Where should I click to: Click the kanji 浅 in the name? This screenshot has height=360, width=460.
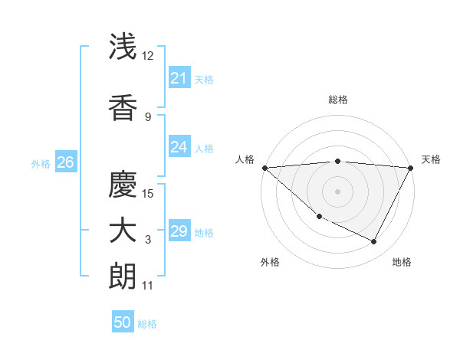coord(123,47)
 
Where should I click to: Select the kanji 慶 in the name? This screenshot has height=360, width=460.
coord(123,183)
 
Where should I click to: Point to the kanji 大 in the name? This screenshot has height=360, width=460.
coord(123,231)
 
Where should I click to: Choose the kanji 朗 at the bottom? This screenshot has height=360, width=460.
coord(123,277)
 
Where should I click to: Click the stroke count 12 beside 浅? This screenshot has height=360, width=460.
coord(149,55)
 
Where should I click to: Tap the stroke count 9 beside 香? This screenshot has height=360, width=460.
coord(148,116)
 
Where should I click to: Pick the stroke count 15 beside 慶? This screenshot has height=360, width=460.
coord(149,193)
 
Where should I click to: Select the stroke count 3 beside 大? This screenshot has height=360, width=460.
coord(148,240)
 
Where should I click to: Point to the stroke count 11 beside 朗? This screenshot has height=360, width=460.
coord(148,286)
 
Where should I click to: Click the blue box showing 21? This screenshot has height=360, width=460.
coord(179,77)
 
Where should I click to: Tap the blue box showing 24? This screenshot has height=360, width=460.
coord(179,147)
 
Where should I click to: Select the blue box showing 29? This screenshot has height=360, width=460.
coord(179,231)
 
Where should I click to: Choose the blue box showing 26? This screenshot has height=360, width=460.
coord(65,162)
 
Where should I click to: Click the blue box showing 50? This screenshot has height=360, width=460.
coord(123,322)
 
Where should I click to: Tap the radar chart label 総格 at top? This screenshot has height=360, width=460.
coord(338,100)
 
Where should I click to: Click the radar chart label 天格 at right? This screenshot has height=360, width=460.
coord(431,159)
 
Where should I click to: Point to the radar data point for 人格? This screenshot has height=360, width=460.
coord(264,168)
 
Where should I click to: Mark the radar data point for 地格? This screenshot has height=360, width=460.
coord(374,242)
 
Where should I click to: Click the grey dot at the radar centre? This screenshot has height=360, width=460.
coord(337,191)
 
